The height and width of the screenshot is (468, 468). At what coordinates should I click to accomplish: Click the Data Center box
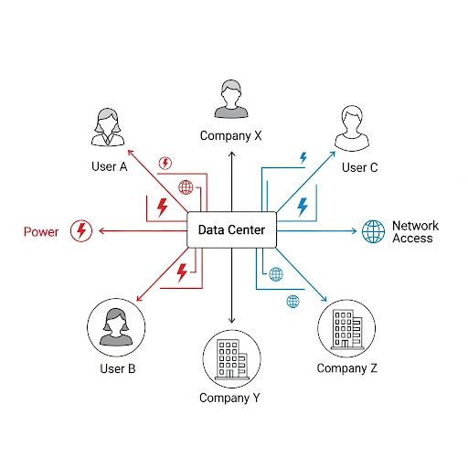click(231, 229)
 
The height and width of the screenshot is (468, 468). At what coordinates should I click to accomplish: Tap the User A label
click(109, 166)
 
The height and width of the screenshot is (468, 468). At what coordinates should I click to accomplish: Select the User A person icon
click(108, 127)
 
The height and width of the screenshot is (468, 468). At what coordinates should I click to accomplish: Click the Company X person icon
click(231, 99)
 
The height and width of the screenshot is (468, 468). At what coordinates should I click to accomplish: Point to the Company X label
click(231, 136)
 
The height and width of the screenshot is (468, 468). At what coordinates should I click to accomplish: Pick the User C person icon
click(352, 128)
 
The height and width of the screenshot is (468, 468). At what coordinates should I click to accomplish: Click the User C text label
click(359, 167)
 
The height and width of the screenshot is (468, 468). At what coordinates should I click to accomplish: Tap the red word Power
click(41, 232)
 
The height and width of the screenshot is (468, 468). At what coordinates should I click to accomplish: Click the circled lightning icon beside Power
click(81, 231)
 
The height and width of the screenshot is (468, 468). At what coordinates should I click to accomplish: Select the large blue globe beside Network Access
click(373, 231)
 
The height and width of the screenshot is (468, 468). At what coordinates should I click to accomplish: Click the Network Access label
click(415, 232)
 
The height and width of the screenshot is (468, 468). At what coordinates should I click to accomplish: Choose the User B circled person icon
click(116, 327)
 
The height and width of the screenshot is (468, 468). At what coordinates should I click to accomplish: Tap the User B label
click(118, 368)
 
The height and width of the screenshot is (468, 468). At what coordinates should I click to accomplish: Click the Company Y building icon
click(232, 359)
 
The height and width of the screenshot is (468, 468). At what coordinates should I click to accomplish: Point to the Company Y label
click(229, 399)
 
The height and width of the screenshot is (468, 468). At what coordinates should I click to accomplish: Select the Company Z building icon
click(346, 328)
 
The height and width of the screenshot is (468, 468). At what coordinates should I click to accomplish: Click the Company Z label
click(347, 368)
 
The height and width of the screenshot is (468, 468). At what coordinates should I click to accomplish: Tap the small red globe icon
click(186, 187)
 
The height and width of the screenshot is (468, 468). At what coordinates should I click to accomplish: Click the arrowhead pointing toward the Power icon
click(101, 231)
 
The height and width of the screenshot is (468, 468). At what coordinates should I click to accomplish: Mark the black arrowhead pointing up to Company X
click(232, 154)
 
